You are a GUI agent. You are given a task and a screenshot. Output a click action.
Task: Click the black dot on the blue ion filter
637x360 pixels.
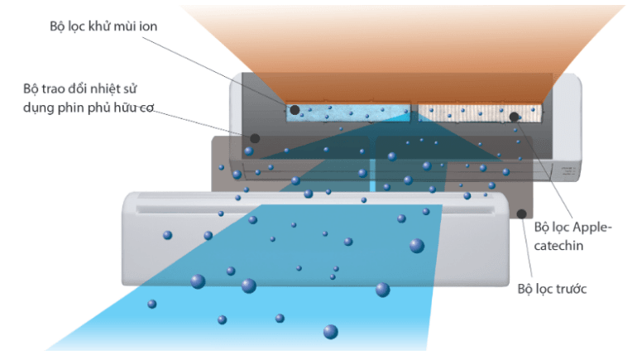[295, 110]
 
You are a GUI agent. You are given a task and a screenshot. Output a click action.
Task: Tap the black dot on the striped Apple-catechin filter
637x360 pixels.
[514, 117]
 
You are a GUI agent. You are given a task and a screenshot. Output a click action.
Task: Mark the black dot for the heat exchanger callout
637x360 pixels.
[255, 138]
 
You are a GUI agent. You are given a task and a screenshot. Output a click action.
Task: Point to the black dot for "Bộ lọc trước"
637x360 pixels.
[521, 214]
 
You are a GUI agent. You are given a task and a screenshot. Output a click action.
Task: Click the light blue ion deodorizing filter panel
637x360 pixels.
[347, 114]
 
